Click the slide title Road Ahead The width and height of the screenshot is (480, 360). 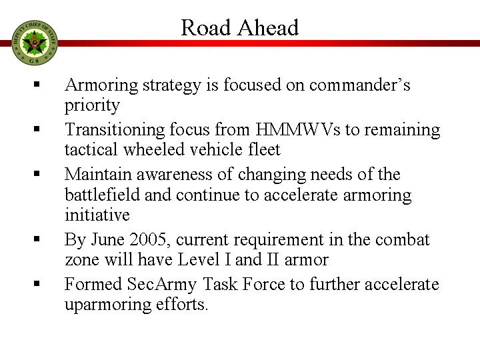click(x=240, y=27)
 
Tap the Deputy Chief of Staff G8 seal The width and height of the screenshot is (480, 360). click(x=35, y=43)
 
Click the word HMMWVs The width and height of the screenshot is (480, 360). click(x=297, y=129)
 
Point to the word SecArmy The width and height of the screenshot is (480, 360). click(x=161, y=285)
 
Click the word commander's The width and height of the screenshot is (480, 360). click(x=359, y=85)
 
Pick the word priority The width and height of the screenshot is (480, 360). click(x=92, y=105)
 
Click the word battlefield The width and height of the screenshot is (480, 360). click(x=102, y=195)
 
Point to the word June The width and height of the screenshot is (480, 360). click(x=107, y=239)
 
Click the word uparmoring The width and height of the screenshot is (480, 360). click(x=108, y=305)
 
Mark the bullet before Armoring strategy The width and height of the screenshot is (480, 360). click(x=37, y=84)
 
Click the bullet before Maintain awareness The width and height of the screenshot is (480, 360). click(x=37, y=173)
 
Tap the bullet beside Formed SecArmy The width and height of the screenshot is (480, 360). click(x=37, y=283)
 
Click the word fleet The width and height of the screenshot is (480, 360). click(x=264, y=149)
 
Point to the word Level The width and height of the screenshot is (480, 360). click(x=199, y=259)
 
